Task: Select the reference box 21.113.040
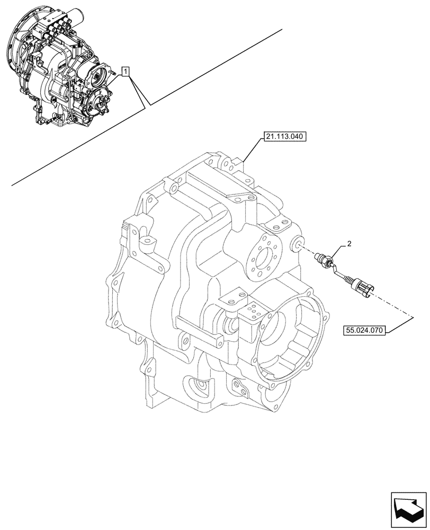pyautogui.click(x=284, y=137)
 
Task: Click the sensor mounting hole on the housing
pyautogui.click(x=298, y=244)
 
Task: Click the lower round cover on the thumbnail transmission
pyautogui.click(x=100, y=103)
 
